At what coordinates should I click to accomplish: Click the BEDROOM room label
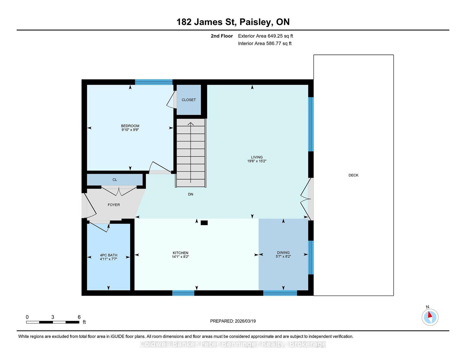click(130, 126)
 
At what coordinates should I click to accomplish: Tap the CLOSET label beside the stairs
click(188, 100)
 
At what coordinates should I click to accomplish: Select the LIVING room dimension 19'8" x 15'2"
click(257, 161)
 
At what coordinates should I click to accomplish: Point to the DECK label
click(353, 175)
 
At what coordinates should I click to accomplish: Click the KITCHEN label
click(180, 253)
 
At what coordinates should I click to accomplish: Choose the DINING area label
click(283, 253)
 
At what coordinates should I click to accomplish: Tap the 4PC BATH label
click(109, 255)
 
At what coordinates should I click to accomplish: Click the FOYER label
click(114, 205)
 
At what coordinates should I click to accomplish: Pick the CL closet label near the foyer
click(115, 180)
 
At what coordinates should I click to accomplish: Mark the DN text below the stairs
click(190, 194)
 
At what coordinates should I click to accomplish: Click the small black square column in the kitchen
click(204, 223)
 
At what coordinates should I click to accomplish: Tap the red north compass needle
click(430, 315)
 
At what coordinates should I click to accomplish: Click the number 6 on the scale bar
click(79, 317)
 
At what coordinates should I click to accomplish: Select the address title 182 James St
click(206, 22)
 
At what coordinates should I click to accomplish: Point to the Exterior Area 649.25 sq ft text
click(266, 36)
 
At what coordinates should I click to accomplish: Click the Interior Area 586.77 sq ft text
click(265, 43)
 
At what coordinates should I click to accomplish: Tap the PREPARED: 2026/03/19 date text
click(233, 321)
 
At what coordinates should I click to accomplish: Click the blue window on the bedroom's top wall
click(154, 82)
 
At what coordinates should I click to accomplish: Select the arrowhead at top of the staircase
click(190, 124)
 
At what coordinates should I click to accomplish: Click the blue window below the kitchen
click(183, 293)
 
